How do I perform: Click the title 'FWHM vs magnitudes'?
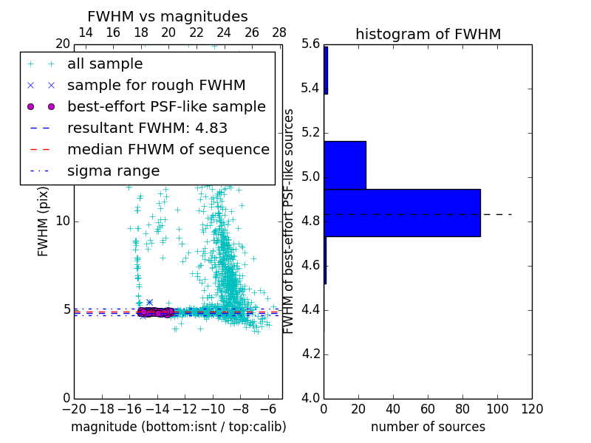[167, 16]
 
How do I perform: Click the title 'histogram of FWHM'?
[428, 34]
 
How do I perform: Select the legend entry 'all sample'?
[105, 63]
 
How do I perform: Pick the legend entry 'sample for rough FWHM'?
[157, 85]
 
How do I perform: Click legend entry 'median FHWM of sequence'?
[168, 149]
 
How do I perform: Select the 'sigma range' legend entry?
[113, 171]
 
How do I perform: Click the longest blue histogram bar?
[402, 213]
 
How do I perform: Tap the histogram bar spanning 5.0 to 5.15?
[345, 165]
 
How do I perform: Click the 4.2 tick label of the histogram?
[310, 354]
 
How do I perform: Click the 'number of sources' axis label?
[428, 427]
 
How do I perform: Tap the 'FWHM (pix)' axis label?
[43, 221]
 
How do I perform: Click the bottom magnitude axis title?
[178, 427]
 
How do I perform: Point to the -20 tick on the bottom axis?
[74, 408]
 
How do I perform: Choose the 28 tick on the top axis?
[279, 32]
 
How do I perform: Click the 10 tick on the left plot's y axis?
[63, 221]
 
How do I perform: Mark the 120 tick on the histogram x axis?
[532, 408]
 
